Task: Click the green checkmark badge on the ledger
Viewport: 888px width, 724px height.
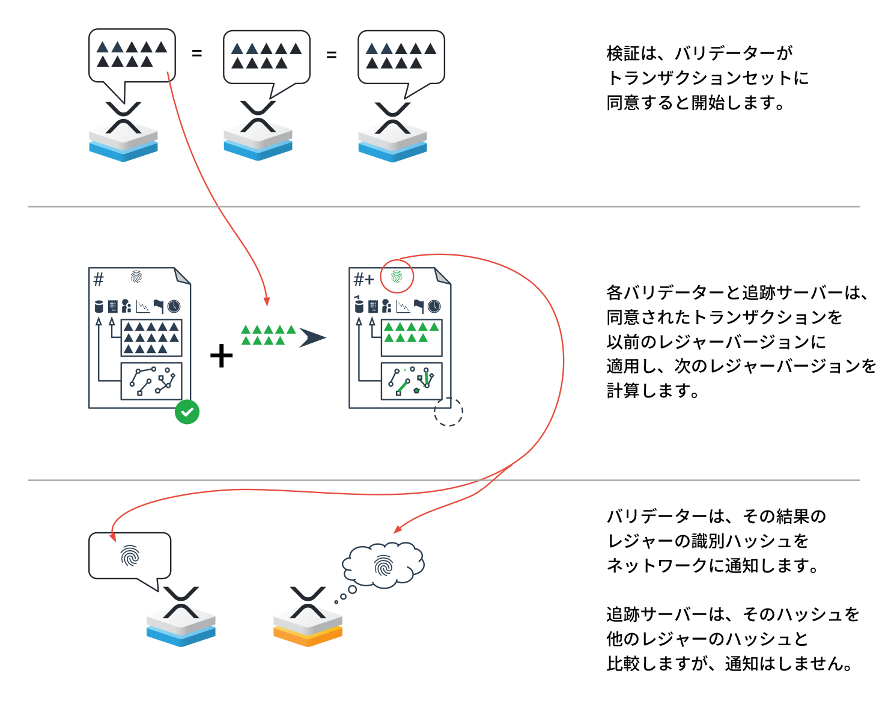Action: pos(187,412)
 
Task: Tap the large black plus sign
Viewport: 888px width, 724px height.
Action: pos(221,355)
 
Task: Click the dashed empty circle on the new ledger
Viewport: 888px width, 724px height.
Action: pos(448,411)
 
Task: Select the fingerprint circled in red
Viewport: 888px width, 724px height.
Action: pos(397,277)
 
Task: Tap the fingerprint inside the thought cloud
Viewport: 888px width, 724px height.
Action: pos(383,565)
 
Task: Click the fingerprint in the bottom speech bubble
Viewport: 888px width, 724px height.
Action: pos(130,556)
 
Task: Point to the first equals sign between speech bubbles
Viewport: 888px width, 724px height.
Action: pos(196,54)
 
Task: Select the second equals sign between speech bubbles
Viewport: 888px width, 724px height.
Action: pos(331,55)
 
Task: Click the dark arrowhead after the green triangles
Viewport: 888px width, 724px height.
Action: pos(312,338)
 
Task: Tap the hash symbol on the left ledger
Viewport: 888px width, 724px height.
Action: pos(99,279)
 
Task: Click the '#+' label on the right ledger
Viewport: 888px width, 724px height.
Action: pos(363,279)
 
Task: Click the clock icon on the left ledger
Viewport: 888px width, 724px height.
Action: pos(174,306)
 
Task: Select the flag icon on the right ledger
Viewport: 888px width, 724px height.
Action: pos(419,306)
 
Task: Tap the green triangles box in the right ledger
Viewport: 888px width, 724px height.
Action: pos(412,337)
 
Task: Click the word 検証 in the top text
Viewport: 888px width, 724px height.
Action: pos(623,54)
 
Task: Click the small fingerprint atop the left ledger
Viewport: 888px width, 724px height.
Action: pos(136,277)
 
